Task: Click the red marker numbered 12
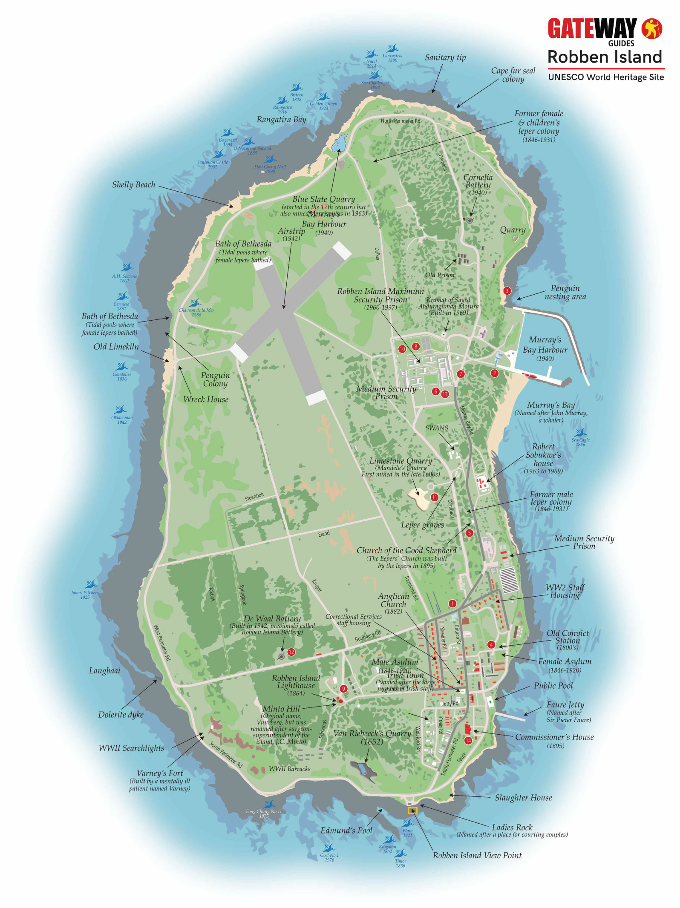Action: pos(291,652)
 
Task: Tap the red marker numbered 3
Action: pos(507,291)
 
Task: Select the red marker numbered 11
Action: pos(435,497)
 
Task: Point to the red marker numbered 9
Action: pos(343,689)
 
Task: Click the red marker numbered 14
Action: pos(468,740)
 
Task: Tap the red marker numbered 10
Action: pos(402,349)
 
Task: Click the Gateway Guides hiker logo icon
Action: pos(652,29)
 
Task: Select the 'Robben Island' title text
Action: pos(605,57)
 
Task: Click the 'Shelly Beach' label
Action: pos(133,185)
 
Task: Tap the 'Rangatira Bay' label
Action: pos(281,120)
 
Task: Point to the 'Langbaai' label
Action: pos(104,671)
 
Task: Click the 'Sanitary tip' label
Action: pos(445,57)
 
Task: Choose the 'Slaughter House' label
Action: pos(523,798)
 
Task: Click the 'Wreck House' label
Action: pos(206,399)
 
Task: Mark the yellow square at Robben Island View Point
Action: pos(412,810)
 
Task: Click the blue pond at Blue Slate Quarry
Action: pos(339,142)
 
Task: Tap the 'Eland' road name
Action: pos(324,534)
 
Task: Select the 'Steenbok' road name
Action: pos(254,497)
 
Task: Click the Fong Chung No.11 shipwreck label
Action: pos(264,813)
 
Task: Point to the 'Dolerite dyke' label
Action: pos(121,715)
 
